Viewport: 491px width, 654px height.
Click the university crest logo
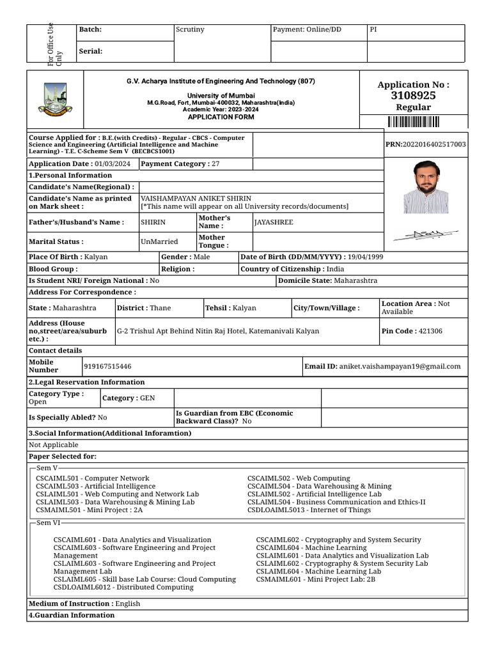click(55, 99)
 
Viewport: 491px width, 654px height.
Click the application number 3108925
click(413, 95)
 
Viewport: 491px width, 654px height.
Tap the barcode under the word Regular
click(413, 123)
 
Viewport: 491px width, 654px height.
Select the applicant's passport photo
click(425, 186)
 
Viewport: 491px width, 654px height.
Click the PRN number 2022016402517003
click(426, 144)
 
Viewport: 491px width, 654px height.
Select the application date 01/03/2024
click(112, 164)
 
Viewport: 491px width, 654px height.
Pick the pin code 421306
click(430, 331)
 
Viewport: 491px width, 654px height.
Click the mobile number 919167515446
click(108, 367)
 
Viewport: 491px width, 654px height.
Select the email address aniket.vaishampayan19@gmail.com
click(400, 367)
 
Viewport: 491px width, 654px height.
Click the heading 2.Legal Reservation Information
click(87, 382)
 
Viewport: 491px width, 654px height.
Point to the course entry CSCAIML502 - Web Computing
click(299, 478)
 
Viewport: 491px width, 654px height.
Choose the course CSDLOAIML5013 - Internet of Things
click(309, 510)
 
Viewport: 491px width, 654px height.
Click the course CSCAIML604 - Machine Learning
click(311, 548)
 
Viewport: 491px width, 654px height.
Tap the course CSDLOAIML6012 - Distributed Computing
click(123, 588)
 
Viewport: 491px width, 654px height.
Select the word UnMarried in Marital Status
click(159, 241)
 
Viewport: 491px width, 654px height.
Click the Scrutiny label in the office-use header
click(190, 29)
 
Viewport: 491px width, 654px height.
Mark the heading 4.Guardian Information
click(72, 616)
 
